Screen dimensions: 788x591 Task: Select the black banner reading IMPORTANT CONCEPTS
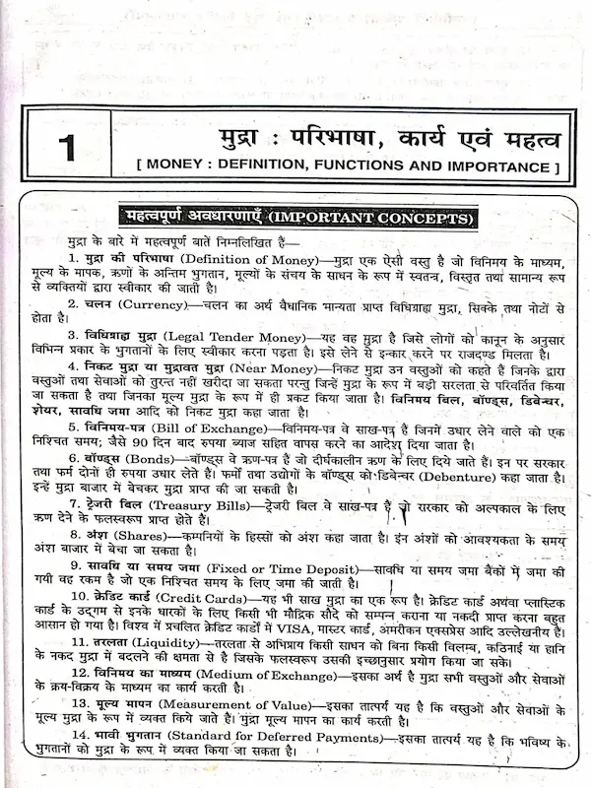(295, 217)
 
